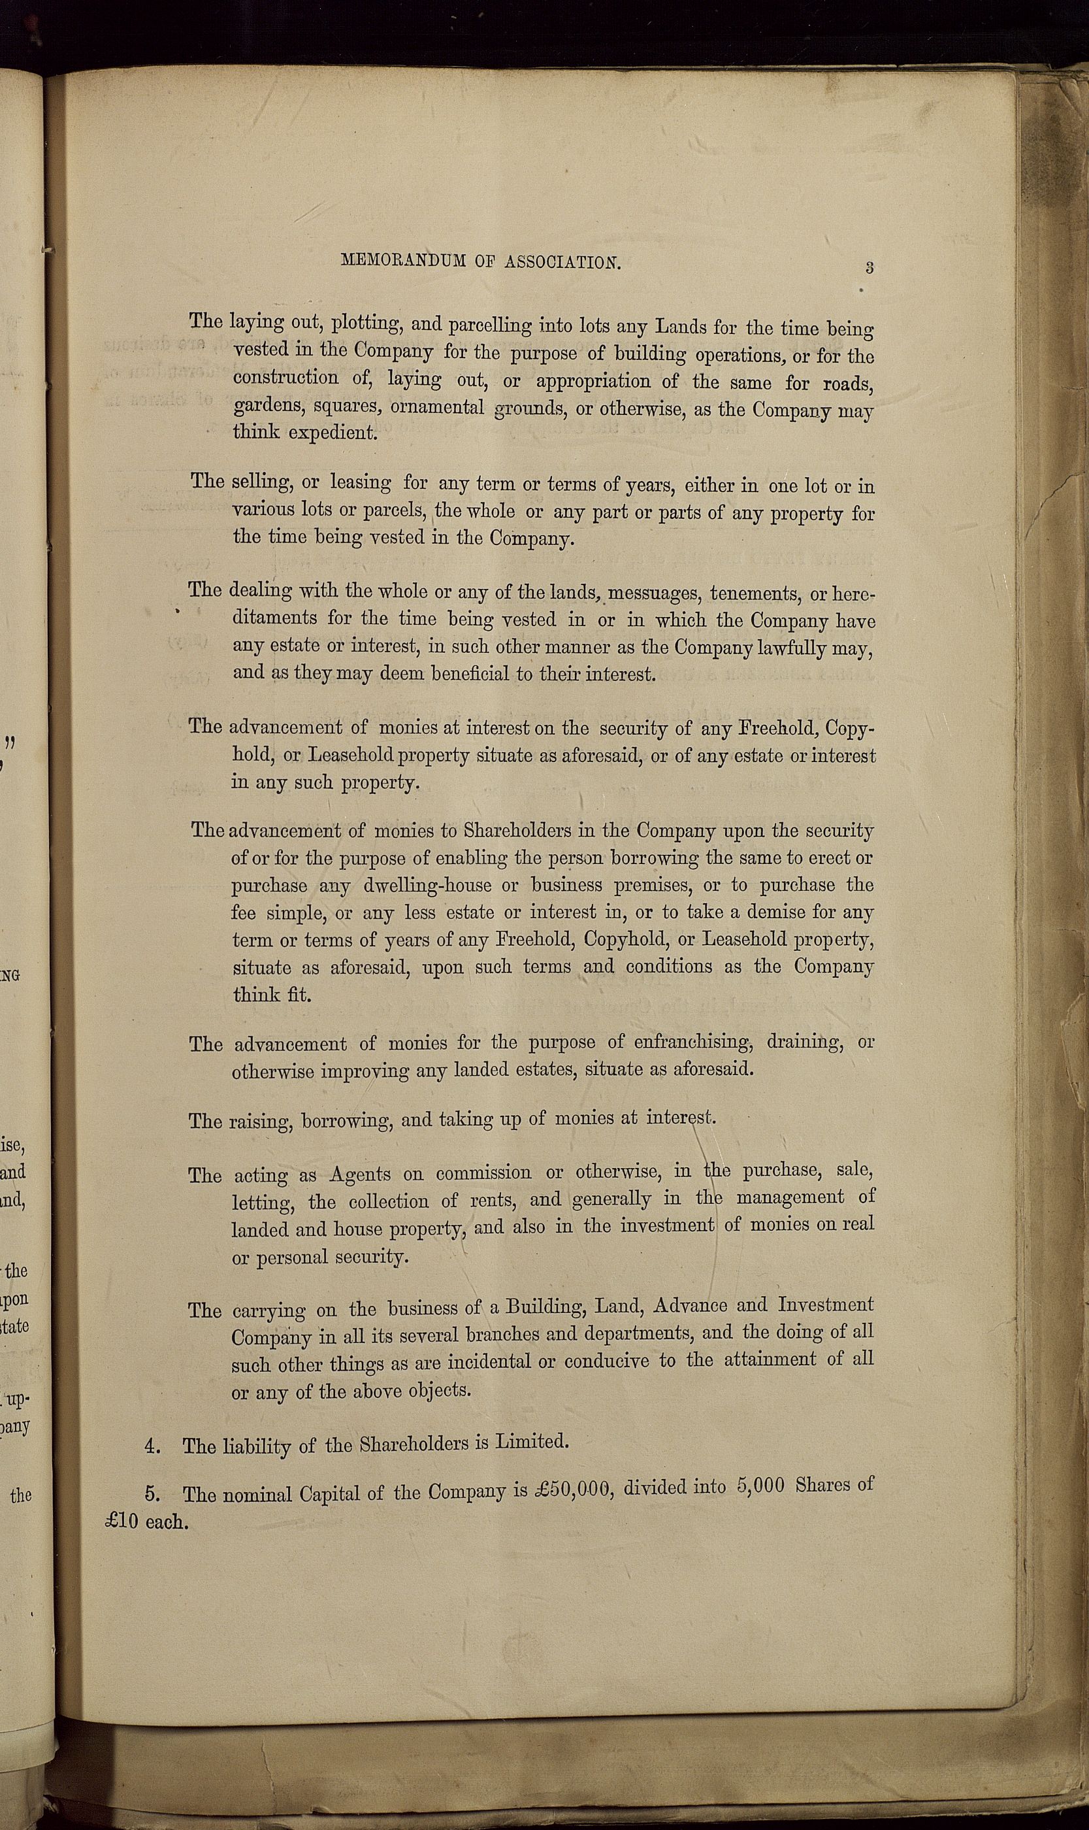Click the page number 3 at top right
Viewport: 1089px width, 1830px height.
point(869,267)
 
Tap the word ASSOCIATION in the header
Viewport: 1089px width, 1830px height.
point(563,263)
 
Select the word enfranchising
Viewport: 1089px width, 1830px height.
point(680,1042)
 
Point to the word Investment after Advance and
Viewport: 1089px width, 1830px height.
point(826,1305)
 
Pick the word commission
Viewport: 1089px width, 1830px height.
point(483,1173)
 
